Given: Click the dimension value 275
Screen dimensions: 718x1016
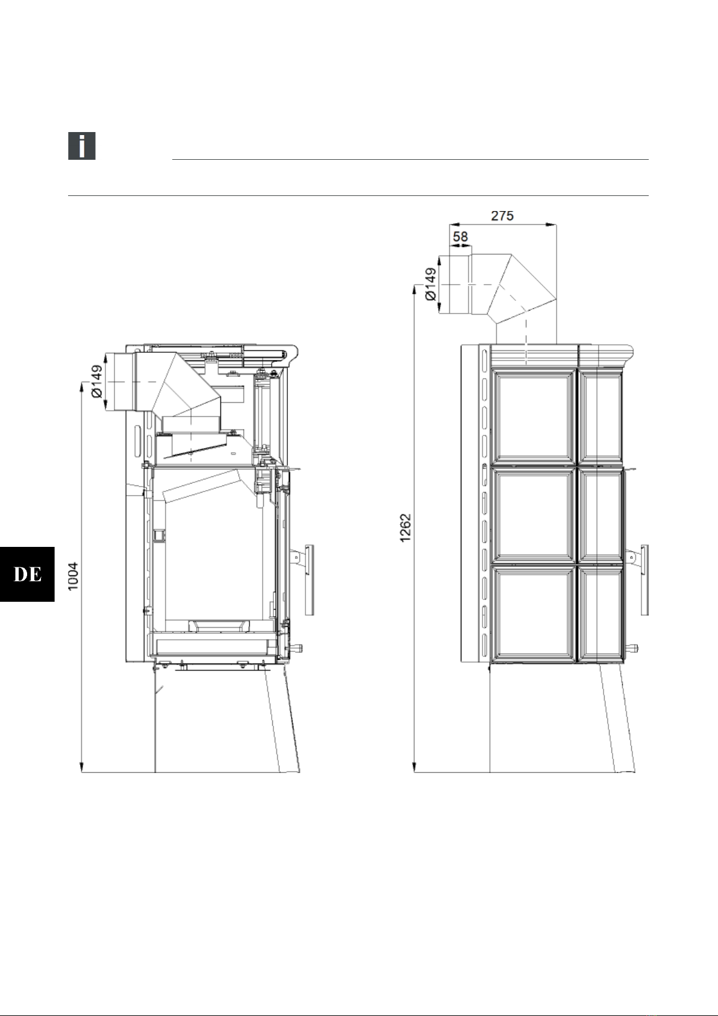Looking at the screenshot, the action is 502,215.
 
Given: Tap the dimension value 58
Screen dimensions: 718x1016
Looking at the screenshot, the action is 460,237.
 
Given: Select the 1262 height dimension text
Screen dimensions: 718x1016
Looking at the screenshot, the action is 405,528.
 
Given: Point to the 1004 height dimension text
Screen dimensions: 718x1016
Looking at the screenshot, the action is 73,576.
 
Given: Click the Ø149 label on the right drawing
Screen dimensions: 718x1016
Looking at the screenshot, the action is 431,285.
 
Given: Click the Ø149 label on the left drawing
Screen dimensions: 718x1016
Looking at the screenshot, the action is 97,382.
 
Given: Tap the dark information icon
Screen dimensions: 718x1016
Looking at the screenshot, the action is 82,146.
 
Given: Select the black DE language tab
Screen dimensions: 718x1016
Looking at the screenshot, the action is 27,574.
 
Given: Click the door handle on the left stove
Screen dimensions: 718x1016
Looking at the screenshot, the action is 310,580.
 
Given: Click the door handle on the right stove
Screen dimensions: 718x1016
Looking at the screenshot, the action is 644,580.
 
